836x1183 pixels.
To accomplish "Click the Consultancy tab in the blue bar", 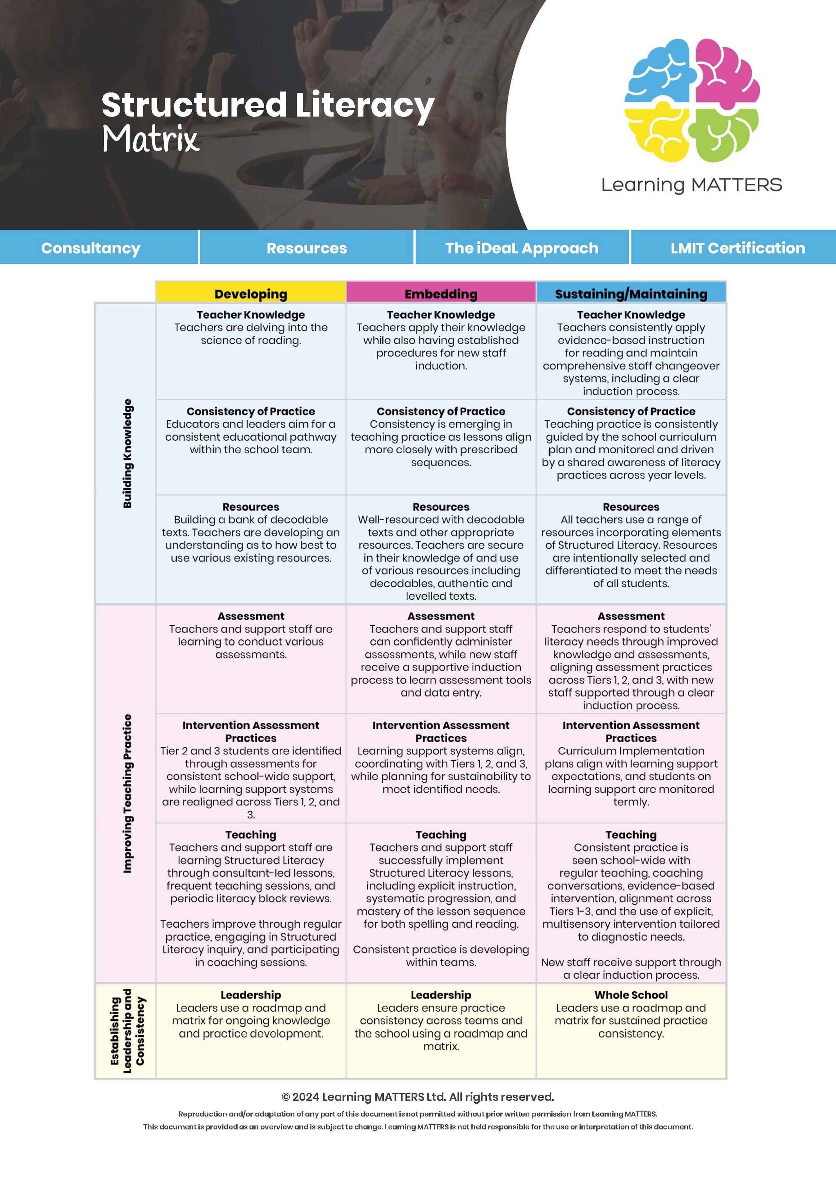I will pyautogui.click(x=91, y=248).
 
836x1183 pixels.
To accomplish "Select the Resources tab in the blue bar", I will pyautogui.click(x=307, y=248).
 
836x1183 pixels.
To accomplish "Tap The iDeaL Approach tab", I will pyautogui.click(x=522, y=248).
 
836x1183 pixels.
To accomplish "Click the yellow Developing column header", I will pyautogui.click(x=251, y=294).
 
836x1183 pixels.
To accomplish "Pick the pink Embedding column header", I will pyautogui.click(x=441, y=294).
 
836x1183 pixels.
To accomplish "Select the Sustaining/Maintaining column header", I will pyautogui.click(x=631, y=294).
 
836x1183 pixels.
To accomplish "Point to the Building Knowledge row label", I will pyautogui.click(x=127, y=453).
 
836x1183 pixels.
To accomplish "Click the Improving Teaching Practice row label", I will pyautogui.click(x=127, y=793).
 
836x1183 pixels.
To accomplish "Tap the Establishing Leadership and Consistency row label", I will pyautogui.click(x=127, y=1030).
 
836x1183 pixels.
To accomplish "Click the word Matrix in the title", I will pyautogui.click(x=150, y=139).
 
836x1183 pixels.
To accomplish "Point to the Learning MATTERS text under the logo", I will pyautogui.click(x=691, y=184).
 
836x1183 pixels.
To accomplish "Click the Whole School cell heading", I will pyautogui.click(x=631, y=995).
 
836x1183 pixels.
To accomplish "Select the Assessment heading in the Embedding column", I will pyautogui.click(x=441, y=616).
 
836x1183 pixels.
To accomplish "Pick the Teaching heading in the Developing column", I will pyautogui.click(x=251, y=834).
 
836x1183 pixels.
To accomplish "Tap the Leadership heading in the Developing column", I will pyautogui.click(x=251, y=995).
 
